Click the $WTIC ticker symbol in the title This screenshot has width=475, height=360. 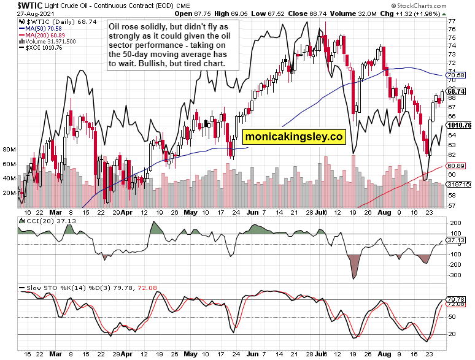[19, 5]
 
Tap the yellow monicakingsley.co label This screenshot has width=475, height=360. [294, 137]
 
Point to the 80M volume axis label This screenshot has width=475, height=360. [9, 149]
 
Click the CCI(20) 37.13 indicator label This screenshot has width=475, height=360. [41, 219]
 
